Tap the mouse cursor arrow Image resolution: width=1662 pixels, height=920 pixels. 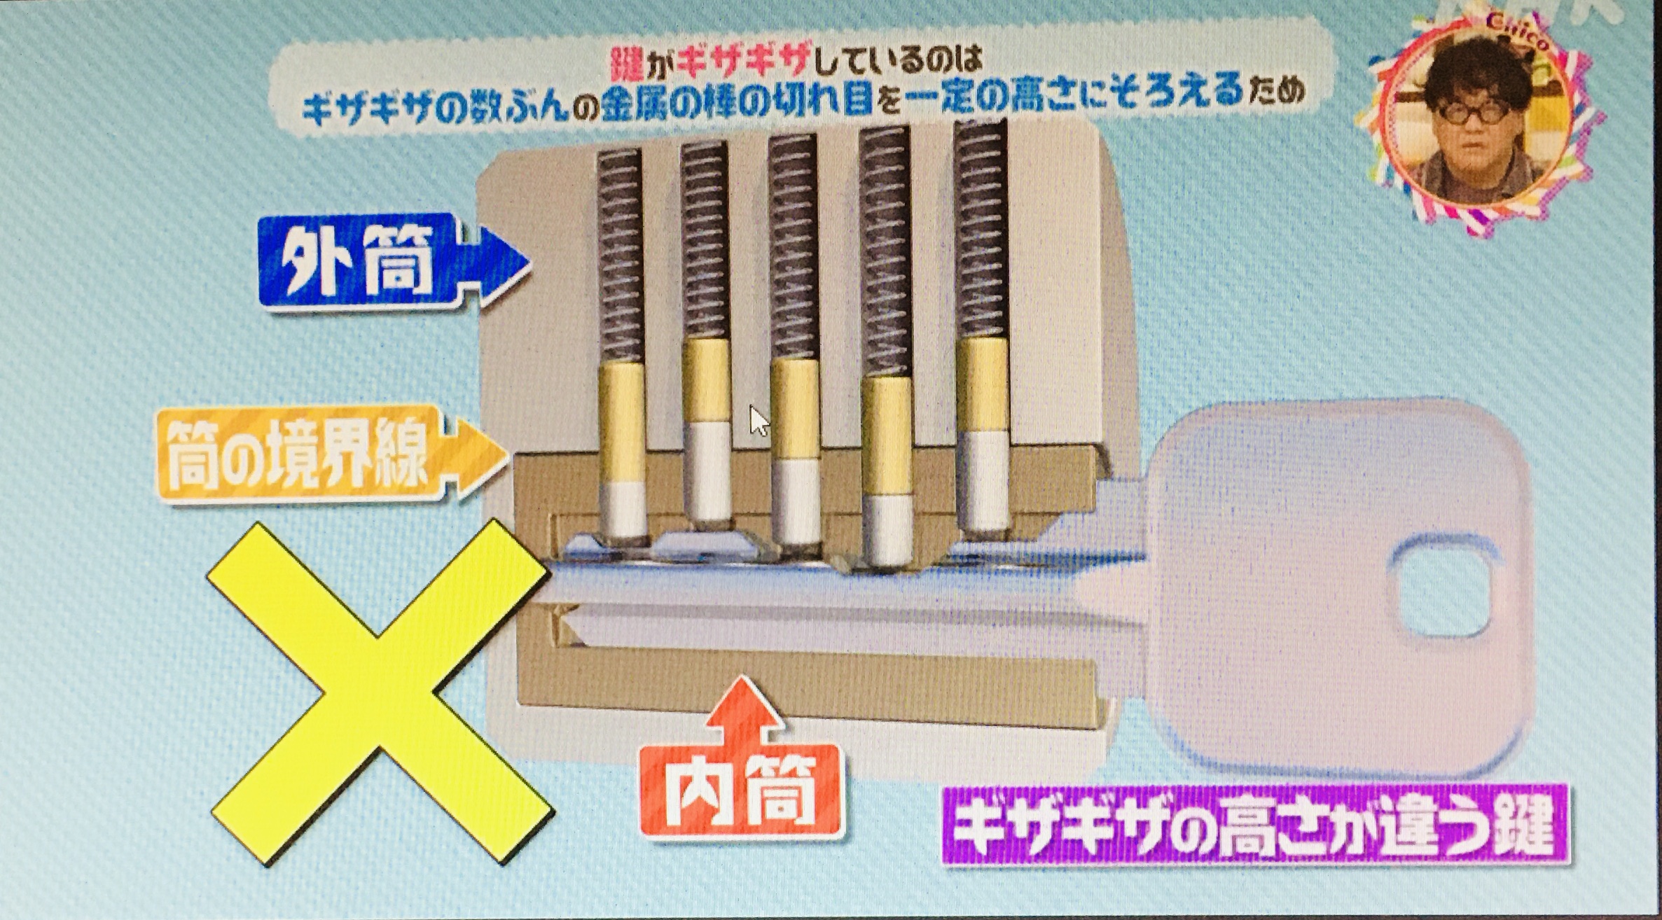click(x=759, y=421)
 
